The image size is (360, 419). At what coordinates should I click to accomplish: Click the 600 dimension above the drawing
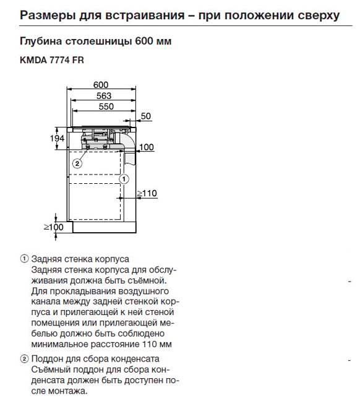(x=100, y=85)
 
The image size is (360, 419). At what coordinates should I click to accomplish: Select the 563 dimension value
(x=103, y=95)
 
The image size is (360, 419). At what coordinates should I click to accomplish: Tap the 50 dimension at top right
(x=145, y=116)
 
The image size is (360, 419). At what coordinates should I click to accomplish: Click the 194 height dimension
(x=57, y=139)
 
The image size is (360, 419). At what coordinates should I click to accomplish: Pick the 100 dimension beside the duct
(x=146, y=147)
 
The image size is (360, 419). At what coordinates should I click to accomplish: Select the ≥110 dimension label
(x=147, y=194)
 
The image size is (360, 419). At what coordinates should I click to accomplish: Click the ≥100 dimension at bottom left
(x=53, y=227)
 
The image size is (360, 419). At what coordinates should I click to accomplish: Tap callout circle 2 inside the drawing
(x=77, y=163)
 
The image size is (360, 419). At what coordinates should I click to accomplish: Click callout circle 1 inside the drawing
(x=123, y=179)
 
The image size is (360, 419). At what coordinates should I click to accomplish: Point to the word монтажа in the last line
(x=68, y=391)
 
